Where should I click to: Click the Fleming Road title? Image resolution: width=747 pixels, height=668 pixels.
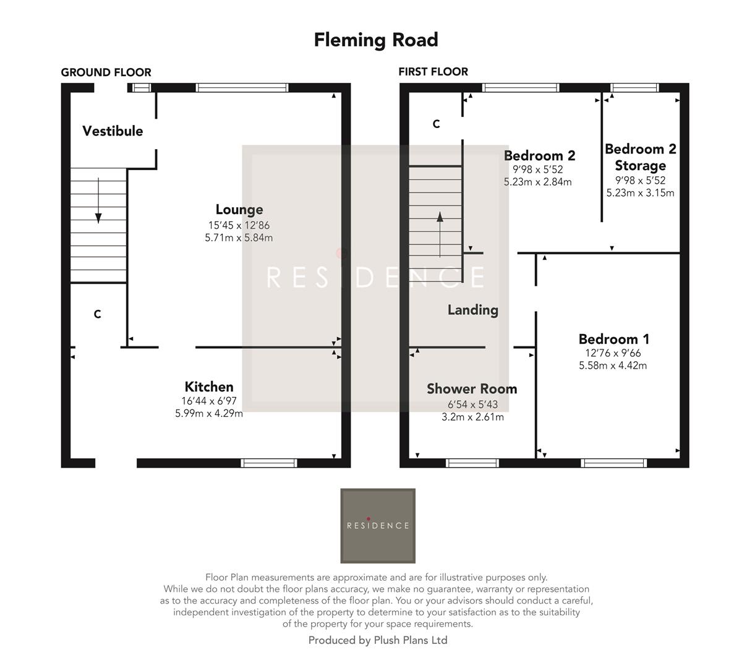pyautogui.click(x=375, y=40)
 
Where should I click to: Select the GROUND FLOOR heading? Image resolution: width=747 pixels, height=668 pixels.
pyautogui.click(x=106, y=72)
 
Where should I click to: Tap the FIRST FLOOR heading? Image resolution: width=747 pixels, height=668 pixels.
pyautogui.click(x=433, y=72)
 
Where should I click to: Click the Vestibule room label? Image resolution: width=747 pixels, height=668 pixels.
pyautogui.click(x=113, y=131)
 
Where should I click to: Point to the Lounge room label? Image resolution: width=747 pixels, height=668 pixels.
pyautogui.click(x=239, y=210)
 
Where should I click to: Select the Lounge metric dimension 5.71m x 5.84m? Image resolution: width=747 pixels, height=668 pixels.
pyautogui.click(x=239, y=238)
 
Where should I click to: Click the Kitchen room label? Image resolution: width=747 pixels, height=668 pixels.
pyautogui.click(x=209, y=387)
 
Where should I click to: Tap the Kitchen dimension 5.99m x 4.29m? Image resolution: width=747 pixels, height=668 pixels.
pyautogui.click(x=209, y=414)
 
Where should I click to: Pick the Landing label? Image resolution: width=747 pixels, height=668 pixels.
pyautogui.click(x=472, y=310)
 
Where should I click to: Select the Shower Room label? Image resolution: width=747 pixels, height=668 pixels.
pyautogui.click(x=472, y=389)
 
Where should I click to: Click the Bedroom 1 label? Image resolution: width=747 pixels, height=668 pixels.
pyautogui.click(x=613, y=339)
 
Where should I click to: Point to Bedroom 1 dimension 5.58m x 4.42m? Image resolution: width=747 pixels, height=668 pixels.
pyautogui.click(x=613, y=366)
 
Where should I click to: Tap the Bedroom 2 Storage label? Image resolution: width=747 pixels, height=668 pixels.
pyautogui.click(x=640, y=157)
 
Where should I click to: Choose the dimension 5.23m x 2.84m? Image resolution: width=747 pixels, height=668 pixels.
pyautogui.click(x=538, y=182)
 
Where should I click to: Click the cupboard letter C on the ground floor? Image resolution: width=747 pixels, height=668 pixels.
pyautogui.click(x=97, y=315)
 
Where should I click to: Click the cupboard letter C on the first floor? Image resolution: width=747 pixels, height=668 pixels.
pyautogui.click(x=436, y=124)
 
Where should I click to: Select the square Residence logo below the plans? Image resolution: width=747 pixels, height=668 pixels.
pyautogui.click(x=378, y=526)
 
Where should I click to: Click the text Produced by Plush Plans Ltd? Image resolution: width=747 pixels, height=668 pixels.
pyautogui.click(x=377, y=641)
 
